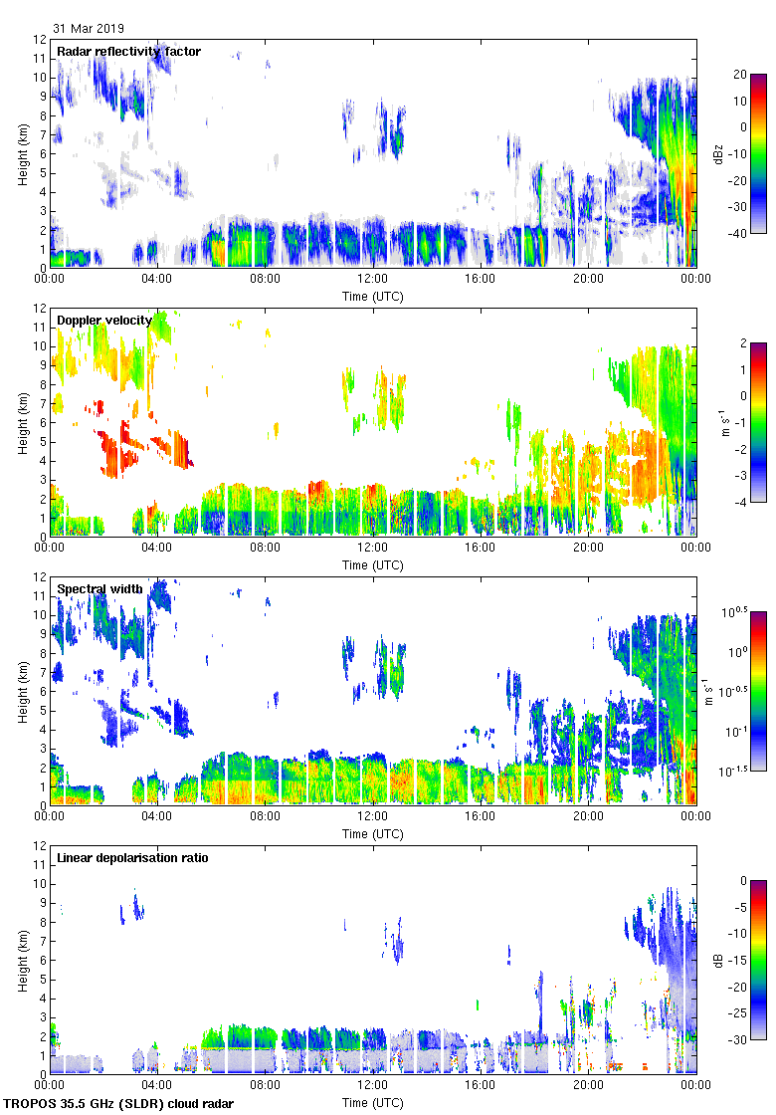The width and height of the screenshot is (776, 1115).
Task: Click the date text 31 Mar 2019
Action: (x=89, y=29)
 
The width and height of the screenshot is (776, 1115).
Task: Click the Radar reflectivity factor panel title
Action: (x=128, y=52)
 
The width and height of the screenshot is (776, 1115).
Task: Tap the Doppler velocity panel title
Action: (x=103, y=321)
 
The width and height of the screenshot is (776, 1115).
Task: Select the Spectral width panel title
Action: (x=99, y=589)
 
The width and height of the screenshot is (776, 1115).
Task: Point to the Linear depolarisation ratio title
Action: (x=132, y=858)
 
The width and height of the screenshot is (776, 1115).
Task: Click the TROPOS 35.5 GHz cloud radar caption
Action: (x=120, y=1104)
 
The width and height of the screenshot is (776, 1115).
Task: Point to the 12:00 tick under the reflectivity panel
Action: (x=373, y=280)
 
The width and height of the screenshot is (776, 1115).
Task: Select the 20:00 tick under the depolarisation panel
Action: (x=588, y=1086)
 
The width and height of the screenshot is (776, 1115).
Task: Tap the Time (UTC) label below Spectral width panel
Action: (x=373, y=833)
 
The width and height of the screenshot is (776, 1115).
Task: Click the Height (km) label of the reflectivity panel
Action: (x=22, y=153)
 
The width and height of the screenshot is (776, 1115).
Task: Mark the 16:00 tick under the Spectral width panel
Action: (x=481, y=817)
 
